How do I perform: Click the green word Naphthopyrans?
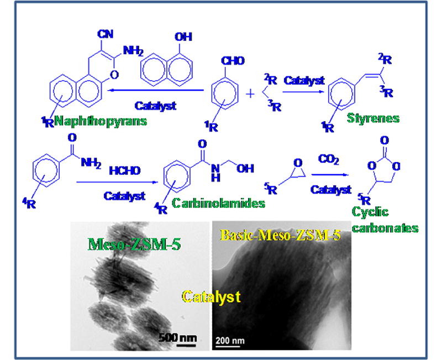pyautogui.click(x=101, y=121)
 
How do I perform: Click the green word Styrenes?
pyautogui.click(x=373, y=118)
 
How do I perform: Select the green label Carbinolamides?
pyautogui.click(x=218, y=203)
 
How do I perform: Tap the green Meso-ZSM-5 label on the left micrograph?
pyautogui.click(x=134, y=244)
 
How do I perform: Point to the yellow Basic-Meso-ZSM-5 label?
pyautogui.click(x=280, y=235)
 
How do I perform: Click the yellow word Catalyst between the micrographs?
pyautogui.click(x=211, y=297)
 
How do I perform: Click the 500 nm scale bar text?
pyautogui.click(x=177, y=337)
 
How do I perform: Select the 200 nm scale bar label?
pyautogui.click(x=230, y=341)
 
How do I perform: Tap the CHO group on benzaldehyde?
pyautogui.click(x=233, y=61)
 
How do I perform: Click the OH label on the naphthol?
pyautogui.click(x=183, y=37)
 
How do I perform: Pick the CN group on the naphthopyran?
pyautogui.click(x=105, y=34)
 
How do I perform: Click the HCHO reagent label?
pyautogui.click(x=125, y=171)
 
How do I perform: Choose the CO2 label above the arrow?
pyautogui.click(x=328, y=159)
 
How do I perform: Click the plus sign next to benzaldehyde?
pyautogui.click(x=250, y=93)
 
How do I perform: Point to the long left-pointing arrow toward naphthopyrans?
pyautogui.click(x=156, y=90)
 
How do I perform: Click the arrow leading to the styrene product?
pyautogui.click(x=303, y=92)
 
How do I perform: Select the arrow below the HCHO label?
pyautogui.click(x=117, y=182)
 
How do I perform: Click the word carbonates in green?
pyautogui.click(x=385, y=228)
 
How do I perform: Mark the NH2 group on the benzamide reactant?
pyautogui.click(x=91, y=163)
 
